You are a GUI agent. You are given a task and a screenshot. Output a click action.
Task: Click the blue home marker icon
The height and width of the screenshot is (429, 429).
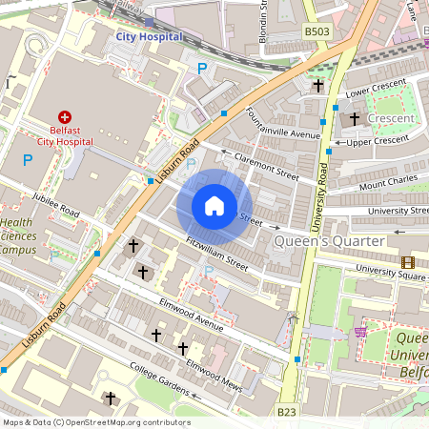pyautogui.click(x=214, y=205)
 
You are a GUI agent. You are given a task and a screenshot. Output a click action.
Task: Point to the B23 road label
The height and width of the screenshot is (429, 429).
pyautogui.click(x=286, y=411)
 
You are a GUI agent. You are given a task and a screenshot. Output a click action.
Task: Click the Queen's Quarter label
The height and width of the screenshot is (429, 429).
pyautogui.click(x=329, y=242)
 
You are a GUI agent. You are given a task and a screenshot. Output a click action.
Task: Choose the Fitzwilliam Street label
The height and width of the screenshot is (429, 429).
pyautogui.click(x=217, y=254)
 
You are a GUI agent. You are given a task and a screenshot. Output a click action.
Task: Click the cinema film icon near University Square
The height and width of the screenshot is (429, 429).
pyautogui.click(x=408, y=262)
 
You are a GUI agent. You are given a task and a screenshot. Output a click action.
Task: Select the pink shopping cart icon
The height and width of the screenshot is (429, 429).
pyautogui.click(x=360, y=332)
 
